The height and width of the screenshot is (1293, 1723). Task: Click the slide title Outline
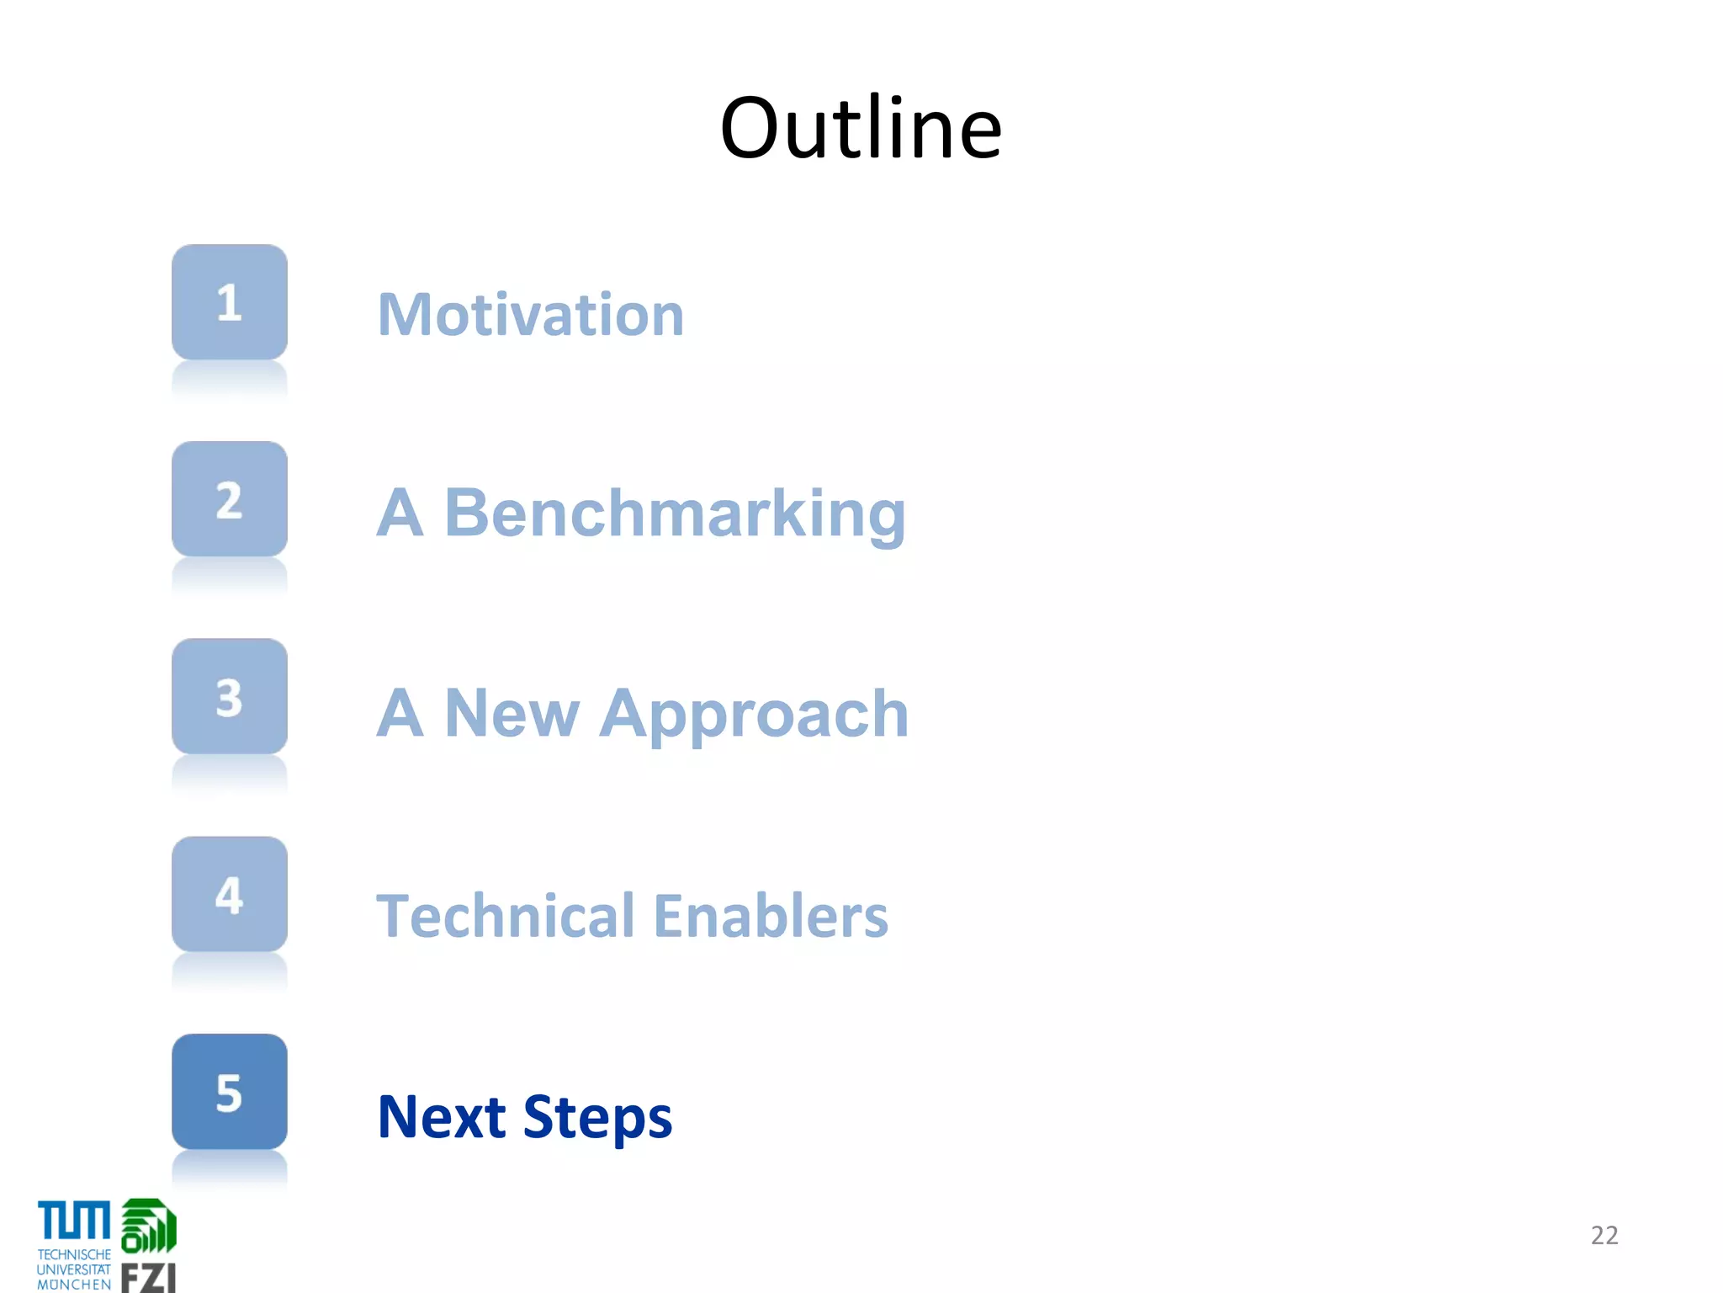[x=861, y=128]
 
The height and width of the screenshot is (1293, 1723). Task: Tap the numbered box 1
[x=230, y=302]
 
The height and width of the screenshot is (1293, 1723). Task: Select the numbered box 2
[x=230, y=499]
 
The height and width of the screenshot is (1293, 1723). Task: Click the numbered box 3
[x=230, y=696]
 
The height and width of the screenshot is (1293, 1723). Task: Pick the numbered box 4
[x=230, y=894]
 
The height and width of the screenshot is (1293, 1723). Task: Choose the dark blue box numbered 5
[x=230, y=1092]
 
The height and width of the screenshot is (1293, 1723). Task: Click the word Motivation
[x=531, y=315]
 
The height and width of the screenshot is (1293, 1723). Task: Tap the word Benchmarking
[x=675, y=513]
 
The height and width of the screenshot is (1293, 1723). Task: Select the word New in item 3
[x=512, y=714]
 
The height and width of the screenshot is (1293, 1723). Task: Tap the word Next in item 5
[x=442, y=1117]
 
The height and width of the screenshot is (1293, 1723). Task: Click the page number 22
[x=1604, y=1235]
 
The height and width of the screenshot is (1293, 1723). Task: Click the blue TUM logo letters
[x=74, y=1221]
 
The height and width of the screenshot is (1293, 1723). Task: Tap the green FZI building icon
[x=149, y=1226]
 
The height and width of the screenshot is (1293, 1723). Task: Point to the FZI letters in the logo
[x=148, y=1277]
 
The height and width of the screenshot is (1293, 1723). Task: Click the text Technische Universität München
[x=74, y=1269]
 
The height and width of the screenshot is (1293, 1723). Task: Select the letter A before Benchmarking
[x=400, y=513]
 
